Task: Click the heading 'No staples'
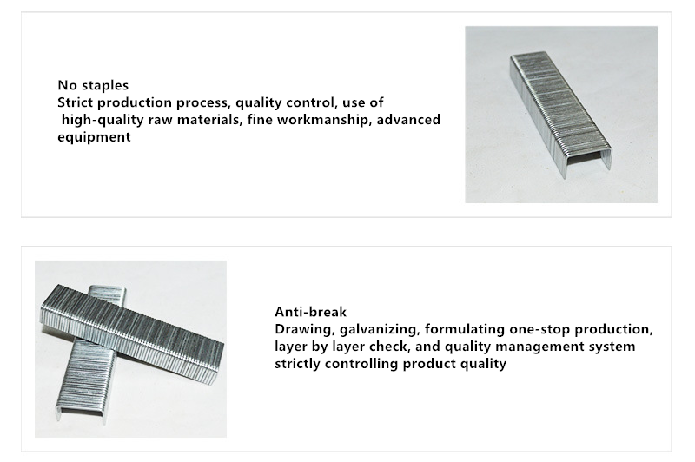coord(93,85)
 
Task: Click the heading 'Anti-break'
coord(310,312)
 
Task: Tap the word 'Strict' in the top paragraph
coord(76,102)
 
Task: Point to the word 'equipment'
coord(94,137)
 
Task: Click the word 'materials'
coord(208,120)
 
